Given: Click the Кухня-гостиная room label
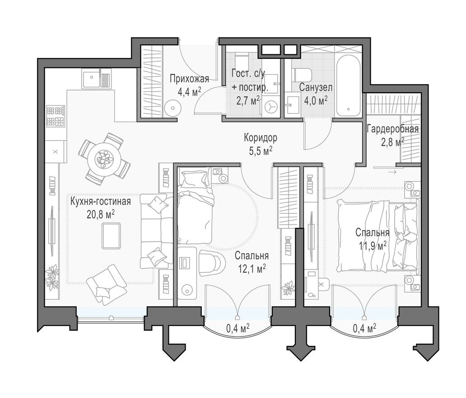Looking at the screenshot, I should [100, 202].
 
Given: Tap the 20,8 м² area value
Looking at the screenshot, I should [100, 213].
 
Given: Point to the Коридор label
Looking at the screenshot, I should [260, 137].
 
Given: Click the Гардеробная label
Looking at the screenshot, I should [392, 129].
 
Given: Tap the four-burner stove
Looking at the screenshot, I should [56, 116].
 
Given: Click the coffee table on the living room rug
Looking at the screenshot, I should [111, 236].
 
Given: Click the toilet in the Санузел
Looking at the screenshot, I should [302, 74].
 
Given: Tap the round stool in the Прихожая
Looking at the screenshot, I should [172, 108].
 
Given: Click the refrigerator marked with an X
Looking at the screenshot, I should [56, 152].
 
